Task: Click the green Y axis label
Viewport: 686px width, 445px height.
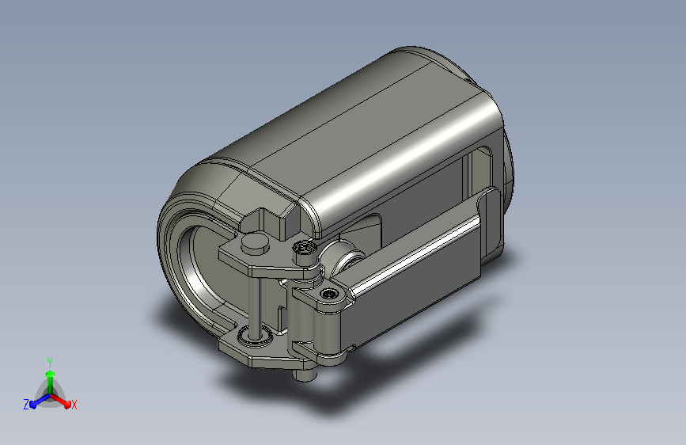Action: [x=50, y=362]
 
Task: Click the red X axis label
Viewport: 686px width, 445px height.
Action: [x=74, y=405]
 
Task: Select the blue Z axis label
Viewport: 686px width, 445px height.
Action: [x=26, y=405]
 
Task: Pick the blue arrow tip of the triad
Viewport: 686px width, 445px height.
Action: [x=33, y=405]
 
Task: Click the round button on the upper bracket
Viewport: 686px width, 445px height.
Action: [x=256, y=242]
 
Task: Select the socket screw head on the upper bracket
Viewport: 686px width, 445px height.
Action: [x=304, y=248]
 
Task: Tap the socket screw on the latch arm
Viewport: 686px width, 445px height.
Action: [x=329, y=294]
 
